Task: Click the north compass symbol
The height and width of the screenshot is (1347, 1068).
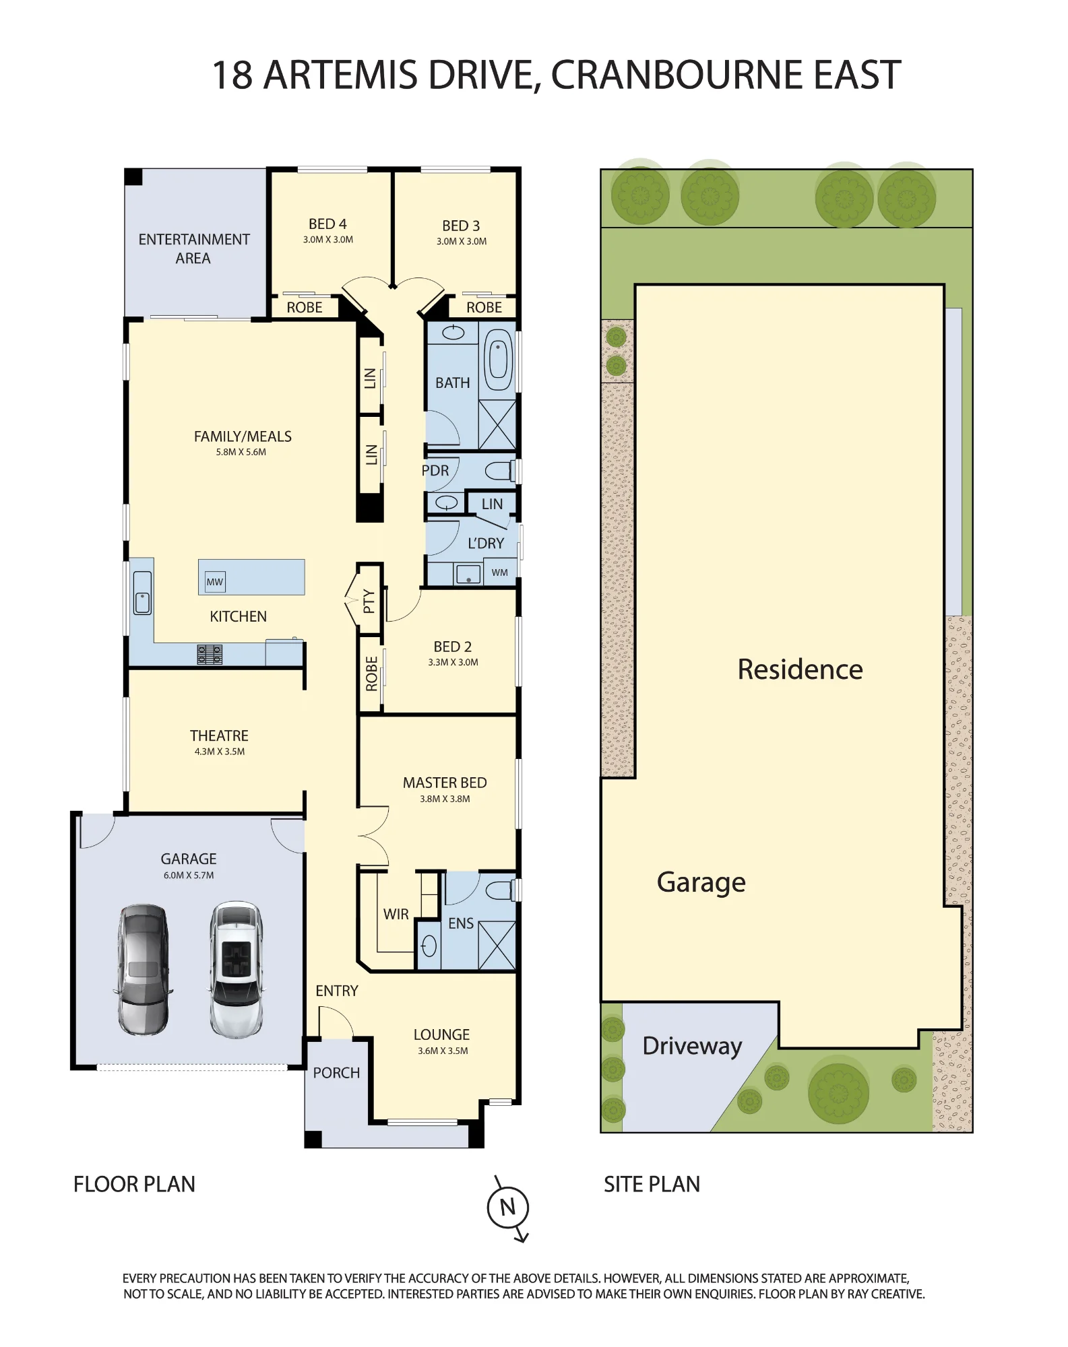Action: pyautogui.click(x=508, y=1208)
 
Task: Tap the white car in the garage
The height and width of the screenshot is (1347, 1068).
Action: pyautogui.click(x=236, y=969)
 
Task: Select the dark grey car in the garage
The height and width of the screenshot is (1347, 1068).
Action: pyautogui.click(x=143, y=969)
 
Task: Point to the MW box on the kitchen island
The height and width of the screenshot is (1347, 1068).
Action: pyautogui.click(x=215, y=582)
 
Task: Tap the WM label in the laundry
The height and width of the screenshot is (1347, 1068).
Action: pyautogui.click(x=499, y=572)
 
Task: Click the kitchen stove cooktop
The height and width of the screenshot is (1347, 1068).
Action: pyautogui.click(x=210, y=654)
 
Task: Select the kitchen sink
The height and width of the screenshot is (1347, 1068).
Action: pyautogui.click(x=142, y=593)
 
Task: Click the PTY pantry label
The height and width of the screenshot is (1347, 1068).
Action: pyautogui.click(x=369, y=601)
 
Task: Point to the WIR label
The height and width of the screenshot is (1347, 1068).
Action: pyautogui.click(x=396, y=914)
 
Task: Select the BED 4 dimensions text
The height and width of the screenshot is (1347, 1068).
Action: pyautogui.click(x=328, y=240)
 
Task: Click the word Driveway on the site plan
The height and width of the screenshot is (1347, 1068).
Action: pyautogui.click(x=692, y=1046)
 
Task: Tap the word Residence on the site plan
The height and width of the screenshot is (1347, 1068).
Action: pyautogui.click(x=800, y=669)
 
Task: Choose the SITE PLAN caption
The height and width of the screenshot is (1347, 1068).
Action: pyautogui.click(x=652, y=1184)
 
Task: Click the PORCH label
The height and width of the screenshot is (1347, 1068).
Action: pyautogui.click(x=336, y=1073)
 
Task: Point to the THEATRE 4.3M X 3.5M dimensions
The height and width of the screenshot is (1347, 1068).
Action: pyautogui.click(x=220, y=752)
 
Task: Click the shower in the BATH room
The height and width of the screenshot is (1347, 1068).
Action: pyautogui.click(x=497, y=424)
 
